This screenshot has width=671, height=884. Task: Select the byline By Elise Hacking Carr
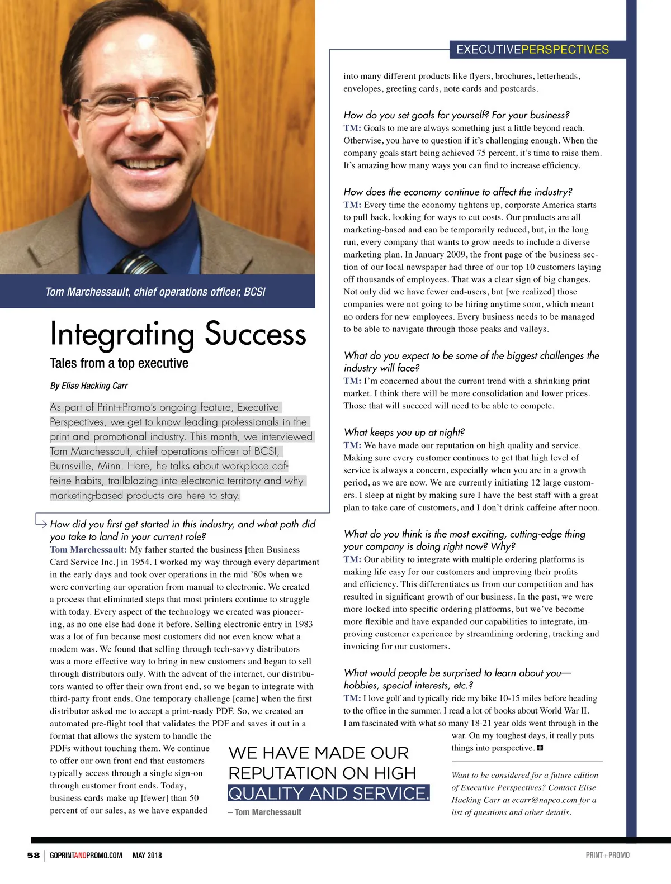89,386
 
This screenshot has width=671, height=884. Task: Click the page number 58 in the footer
34,855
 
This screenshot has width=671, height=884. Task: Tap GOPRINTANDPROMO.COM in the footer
86,855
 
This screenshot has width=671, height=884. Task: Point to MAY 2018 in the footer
147,855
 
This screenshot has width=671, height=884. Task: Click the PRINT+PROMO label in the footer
607,855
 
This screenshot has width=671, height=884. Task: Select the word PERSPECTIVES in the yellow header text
565,49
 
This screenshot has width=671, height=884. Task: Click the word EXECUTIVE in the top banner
488,49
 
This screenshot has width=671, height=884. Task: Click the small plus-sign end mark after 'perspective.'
540,748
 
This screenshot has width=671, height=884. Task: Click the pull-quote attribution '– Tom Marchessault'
265,812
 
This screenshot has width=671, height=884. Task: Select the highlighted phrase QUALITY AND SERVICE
329,793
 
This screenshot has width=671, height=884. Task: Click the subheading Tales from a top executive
119,363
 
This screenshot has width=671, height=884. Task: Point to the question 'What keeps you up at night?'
404,432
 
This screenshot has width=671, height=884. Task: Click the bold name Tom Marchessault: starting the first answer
88,550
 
